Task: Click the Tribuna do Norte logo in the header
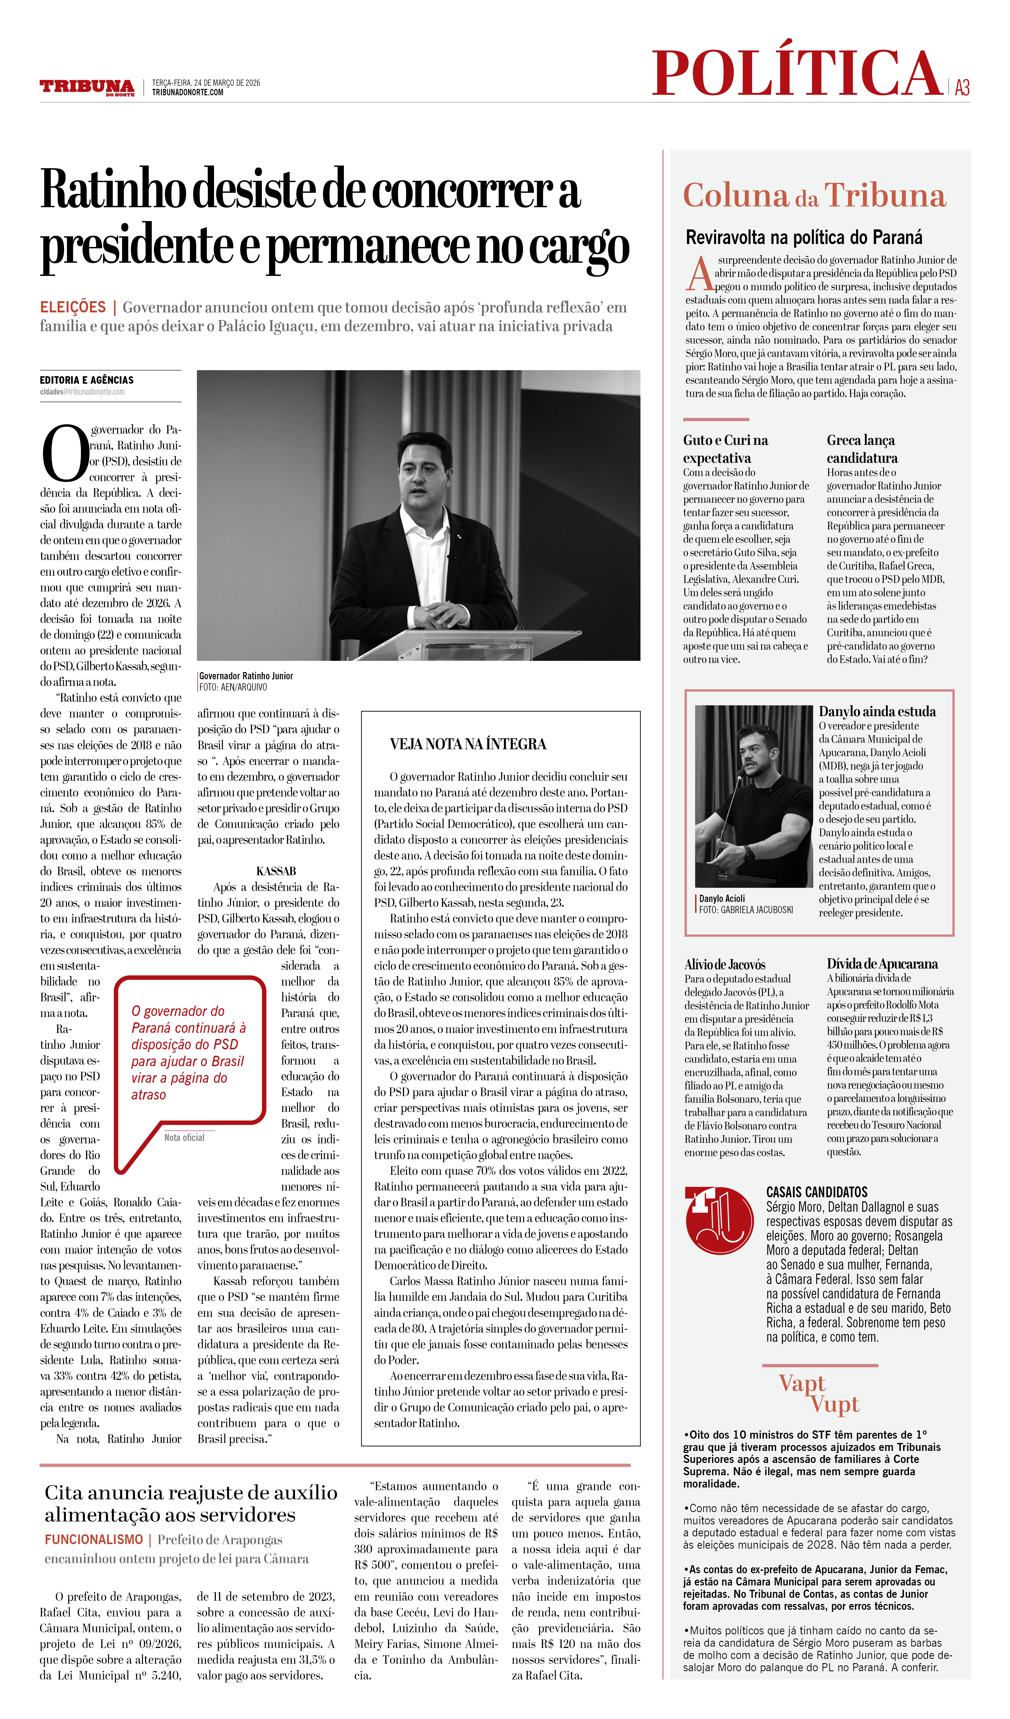87,87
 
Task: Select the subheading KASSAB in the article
276,871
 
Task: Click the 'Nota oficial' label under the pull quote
184,1137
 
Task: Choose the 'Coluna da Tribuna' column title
814,196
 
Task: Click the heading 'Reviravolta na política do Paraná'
804,237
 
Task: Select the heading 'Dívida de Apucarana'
882,964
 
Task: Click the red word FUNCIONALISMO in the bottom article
94,1540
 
